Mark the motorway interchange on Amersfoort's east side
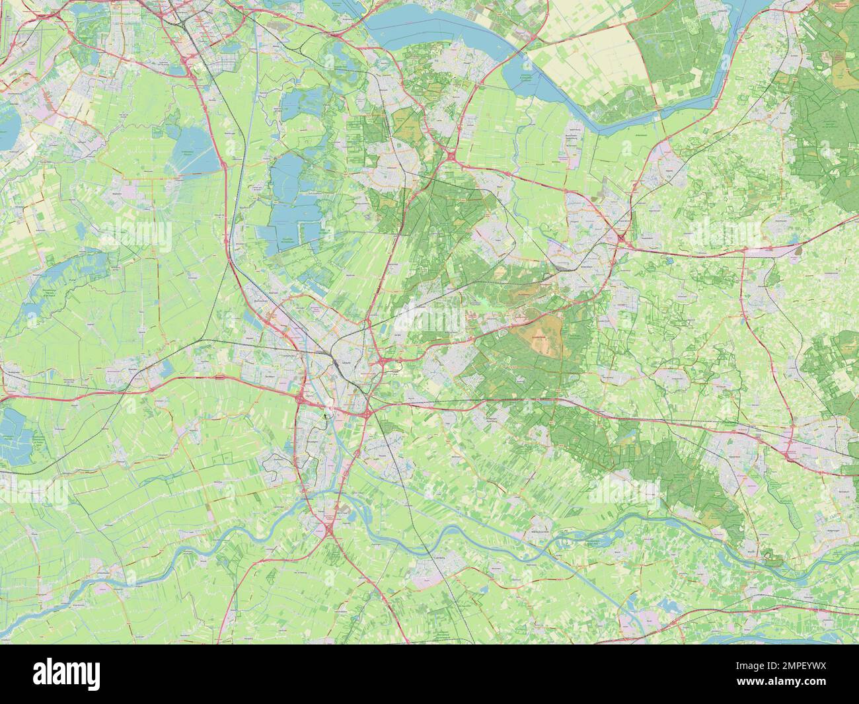622,235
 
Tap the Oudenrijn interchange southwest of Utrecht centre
301,399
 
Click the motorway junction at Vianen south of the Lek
328,529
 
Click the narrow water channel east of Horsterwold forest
727,79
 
